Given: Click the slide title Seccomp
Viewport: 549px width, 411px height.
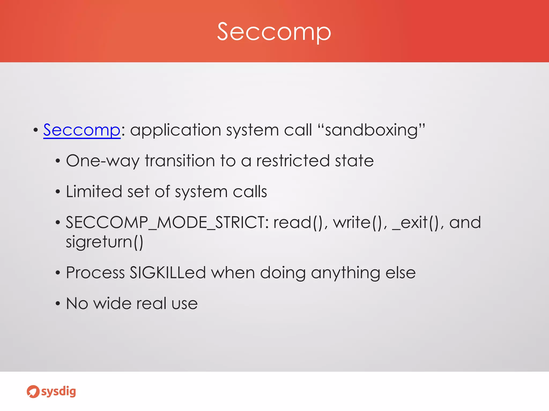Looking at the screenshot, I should [274, 32].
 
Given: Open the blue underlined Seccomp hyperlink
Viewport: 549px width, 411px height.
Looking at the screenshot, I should [82, 130].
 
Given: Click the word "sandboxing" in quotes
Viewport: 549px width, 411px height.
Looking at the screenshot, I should [371, 130].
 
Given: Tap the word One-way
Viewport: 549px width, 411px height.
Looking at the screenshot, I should [103, 161].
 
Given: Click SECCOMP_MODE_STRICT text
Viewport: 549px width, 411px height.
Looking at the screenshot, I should [166, 222].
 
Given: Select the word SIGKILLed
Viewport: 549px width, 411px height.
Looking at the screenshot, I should [168, 273].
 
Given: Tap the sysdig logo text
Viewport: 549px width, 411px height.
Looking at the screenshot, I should [59, 391].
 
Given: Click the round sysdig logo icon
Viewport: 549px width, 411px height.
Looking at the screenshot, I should [33, 392].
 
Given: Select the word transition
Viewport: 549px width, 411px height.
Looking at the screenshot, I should [180, 161].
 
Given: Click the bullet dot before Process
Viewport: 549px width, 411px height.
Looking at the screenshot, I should [58, 273].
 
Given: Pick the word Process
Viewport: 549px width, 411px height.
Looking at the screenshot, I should [95, 273].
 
